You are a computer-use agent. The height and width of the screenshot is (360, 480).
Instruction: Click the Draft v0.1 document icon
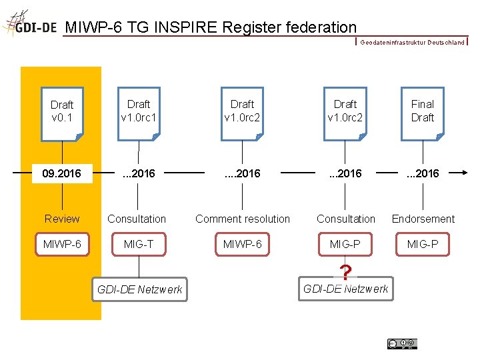pos(62,114)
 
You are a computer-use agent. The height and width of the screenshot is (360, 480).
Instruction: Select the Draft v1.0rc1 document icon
pos(139,113)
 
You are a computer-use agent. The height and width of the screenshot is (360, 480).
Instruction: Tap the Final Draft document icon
pos(423,113)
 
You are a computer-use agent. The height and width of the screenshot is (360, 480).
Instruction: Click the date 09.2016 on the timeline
pos(61,174)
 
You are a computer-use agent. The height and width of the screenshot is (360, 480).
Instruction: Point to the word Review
pos(62,219)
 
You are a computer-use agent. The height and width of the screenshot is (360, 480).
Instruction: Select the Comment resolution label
pos(243,219)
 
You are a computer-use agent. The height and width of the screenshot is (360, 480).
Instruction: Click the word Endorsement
pos(423,219)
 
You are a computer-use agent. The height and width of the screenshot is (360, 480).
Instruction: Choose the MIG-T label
pos(139,245)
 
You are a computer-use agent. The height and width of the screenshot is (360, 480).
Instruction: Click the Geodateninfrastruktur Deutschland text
pos(412,43)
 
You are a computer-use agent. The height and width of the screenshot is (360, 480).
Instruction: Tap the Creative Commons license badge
pos(402,343)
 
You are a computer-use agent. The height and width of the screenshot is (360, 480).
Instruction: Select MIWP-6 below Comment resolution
pos(243,245)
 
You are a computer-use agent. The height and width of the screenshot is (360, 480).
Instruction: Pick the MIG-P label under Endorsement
pos(423,245)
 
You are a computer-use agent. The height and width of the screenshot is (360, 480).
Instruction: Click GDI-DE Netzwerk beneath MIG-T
pos(139,289)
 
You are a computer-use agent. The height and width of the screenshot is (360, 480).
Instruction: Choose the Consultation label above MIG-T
pos(137,219)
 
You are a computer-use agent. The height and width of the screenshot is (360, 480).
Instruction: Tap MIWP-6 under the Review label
pos(62,245)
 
